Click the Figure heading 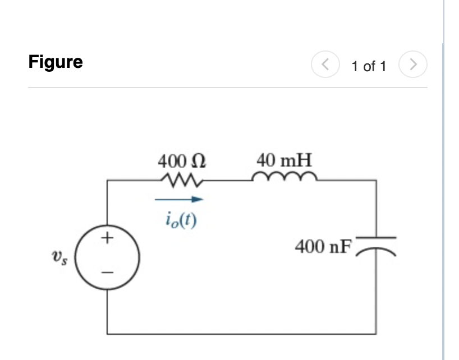(56, 62)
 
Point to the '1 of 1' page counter (369, 66)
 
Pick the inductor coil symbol (286, 178)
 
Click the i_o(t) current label (180, 216)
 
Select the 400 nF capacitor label (322, 246)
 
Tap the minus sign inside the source (107, 274)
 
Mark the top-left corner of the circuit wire (107, 181)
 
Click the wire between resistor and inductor (227, 181)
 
